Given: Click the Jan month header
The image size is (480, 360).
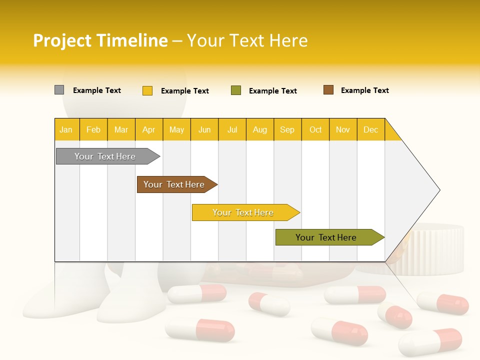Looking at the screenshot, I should tap(66, 129).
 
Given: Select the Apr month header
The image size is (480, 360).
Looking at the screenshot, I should tap(149, 129).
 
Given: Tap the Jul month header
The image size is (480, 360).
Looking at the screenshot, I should tap(232, 129).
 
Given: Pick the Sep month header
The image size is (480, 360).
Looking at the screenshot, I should tap(287, 129).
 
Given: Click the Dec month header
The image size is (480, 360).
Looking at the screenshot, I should tap(370, 129).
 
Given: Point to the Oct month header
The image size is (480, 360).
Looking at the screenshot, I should tap(315, 129).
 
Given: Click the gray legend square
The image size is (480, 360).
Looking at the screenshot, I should tap(59, 90).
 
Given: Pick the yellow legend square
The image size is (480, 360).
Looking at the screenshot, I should tap(147, 90).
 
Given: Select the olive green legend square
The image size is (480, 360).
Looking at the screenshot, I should tap(235, 90).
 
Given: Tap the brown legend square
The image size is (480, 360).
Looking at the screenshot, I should tap(328, 90).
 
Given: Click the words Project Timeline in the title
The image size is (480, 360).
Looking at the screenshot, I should tap(100, 40).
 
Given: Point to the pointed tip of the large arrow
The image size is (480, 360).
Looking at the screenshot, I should tap(438, 189).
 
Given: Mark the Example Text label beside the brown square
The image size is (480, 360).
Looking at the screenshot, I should tap(364, 90).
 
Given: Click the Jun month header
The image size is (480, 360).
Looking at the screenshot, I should tap(204, 129).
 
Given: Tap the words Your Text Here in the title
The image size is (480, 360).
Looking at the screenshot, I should tap(247, 40).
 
